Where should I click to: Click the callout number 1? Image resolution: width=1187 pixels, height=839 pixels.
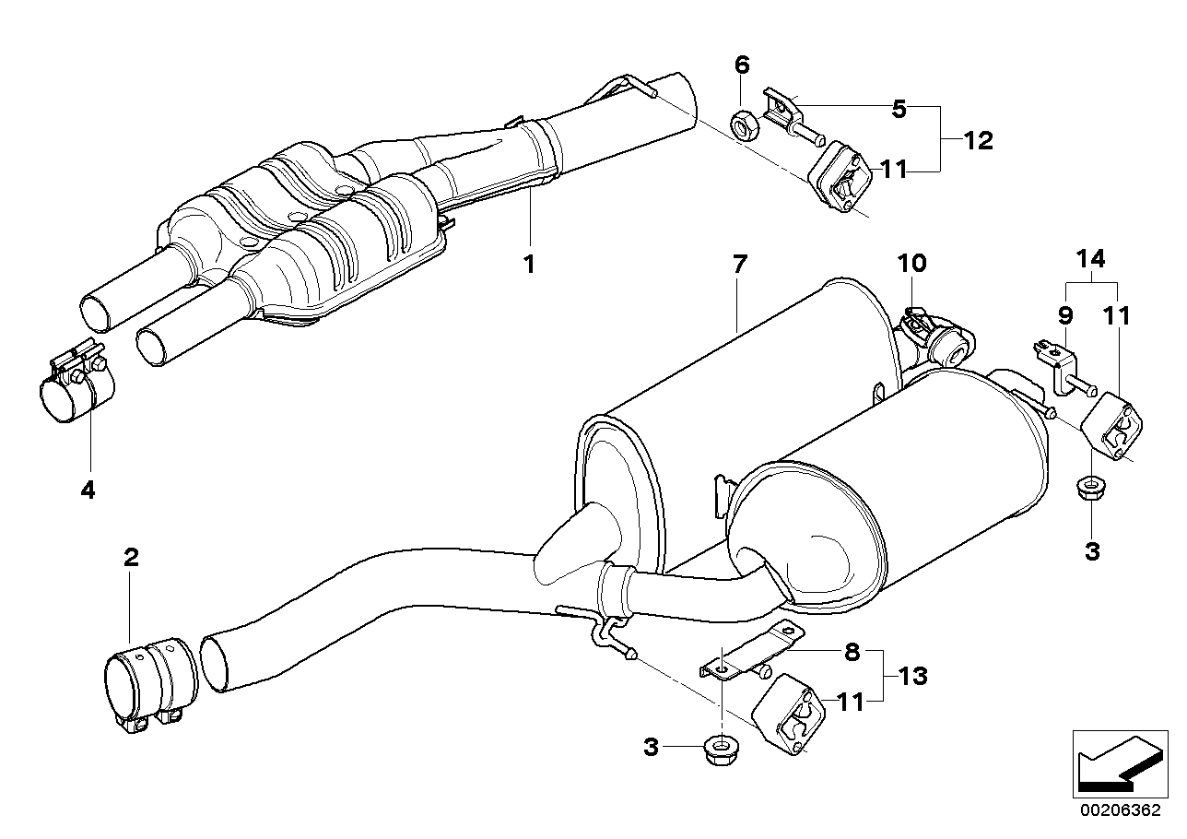529,264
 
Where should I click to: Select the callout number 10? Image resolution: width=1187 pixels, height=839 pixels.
911,264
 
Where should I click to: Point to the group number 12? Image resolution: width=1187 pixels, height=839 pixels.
979,141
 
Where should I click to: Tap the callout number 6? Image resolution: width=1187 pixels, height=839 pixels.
742,65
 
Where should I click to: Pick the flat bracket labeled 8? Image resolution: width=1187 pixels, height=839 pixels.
751,651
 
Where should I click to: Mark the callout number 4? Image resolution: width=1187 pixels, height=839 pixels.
88,490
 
